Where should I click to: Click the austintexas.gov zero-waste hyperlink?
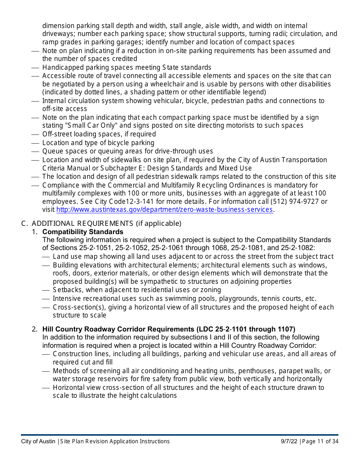click(x=164, y=210)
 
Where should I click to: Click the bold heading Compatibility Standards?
click(x=83, y=231)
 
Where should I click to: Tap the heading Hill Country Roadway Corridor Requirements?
click(x=169, y=329)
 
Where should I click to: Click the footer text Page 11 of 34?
click(x=320, y=441)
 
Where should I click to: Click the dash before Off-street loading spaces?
click(x=35, y=134)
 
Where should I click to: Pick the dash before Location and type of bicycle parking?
click(x=35, y=143)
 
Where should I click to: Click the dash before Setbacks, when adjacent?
click(x=46, y=290)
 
